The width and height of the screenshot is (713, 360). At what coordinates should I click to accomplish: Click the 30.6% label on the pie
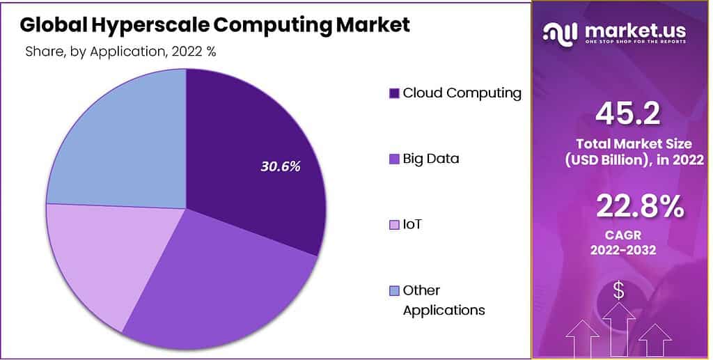[280, 166]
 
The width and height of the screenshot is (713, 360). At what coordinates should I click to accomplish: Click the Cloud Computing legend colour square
[394, 93]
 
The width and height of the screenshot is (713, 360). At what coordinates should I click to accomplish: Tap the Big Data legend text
[431, 159]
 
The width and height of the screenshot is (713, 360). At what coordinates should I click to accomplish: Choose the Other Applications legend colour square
[394, 290]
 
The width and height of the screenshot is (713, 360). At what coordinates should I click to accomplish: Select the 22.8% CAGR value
[639, 207]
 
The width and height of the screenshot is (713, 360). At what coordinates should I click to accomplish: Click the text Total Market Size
[634, 144]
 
